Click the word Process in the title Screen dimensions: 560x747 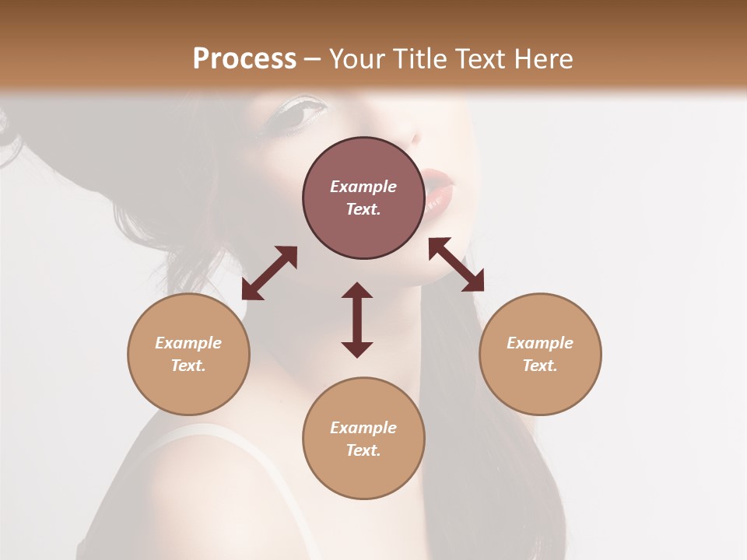[x=244, y=59]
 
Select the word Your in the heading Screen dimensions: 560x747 [x=356, y=59]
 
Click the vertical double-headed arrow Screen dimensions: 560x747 [x=357, y=320]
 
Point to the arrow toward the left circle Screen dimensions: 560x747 [x=269, y=273]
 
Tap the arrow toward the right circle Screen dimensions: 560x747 [x=456, y=264]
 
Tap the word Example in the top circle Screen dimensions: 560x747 [x=363, y=187]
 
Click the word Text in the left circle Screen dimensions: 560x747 [x=188, y=366]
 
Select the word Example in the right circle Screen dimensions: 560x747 [x=540, y=343]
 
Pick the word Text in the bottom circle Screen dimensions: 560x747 [x=363, y=450]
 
